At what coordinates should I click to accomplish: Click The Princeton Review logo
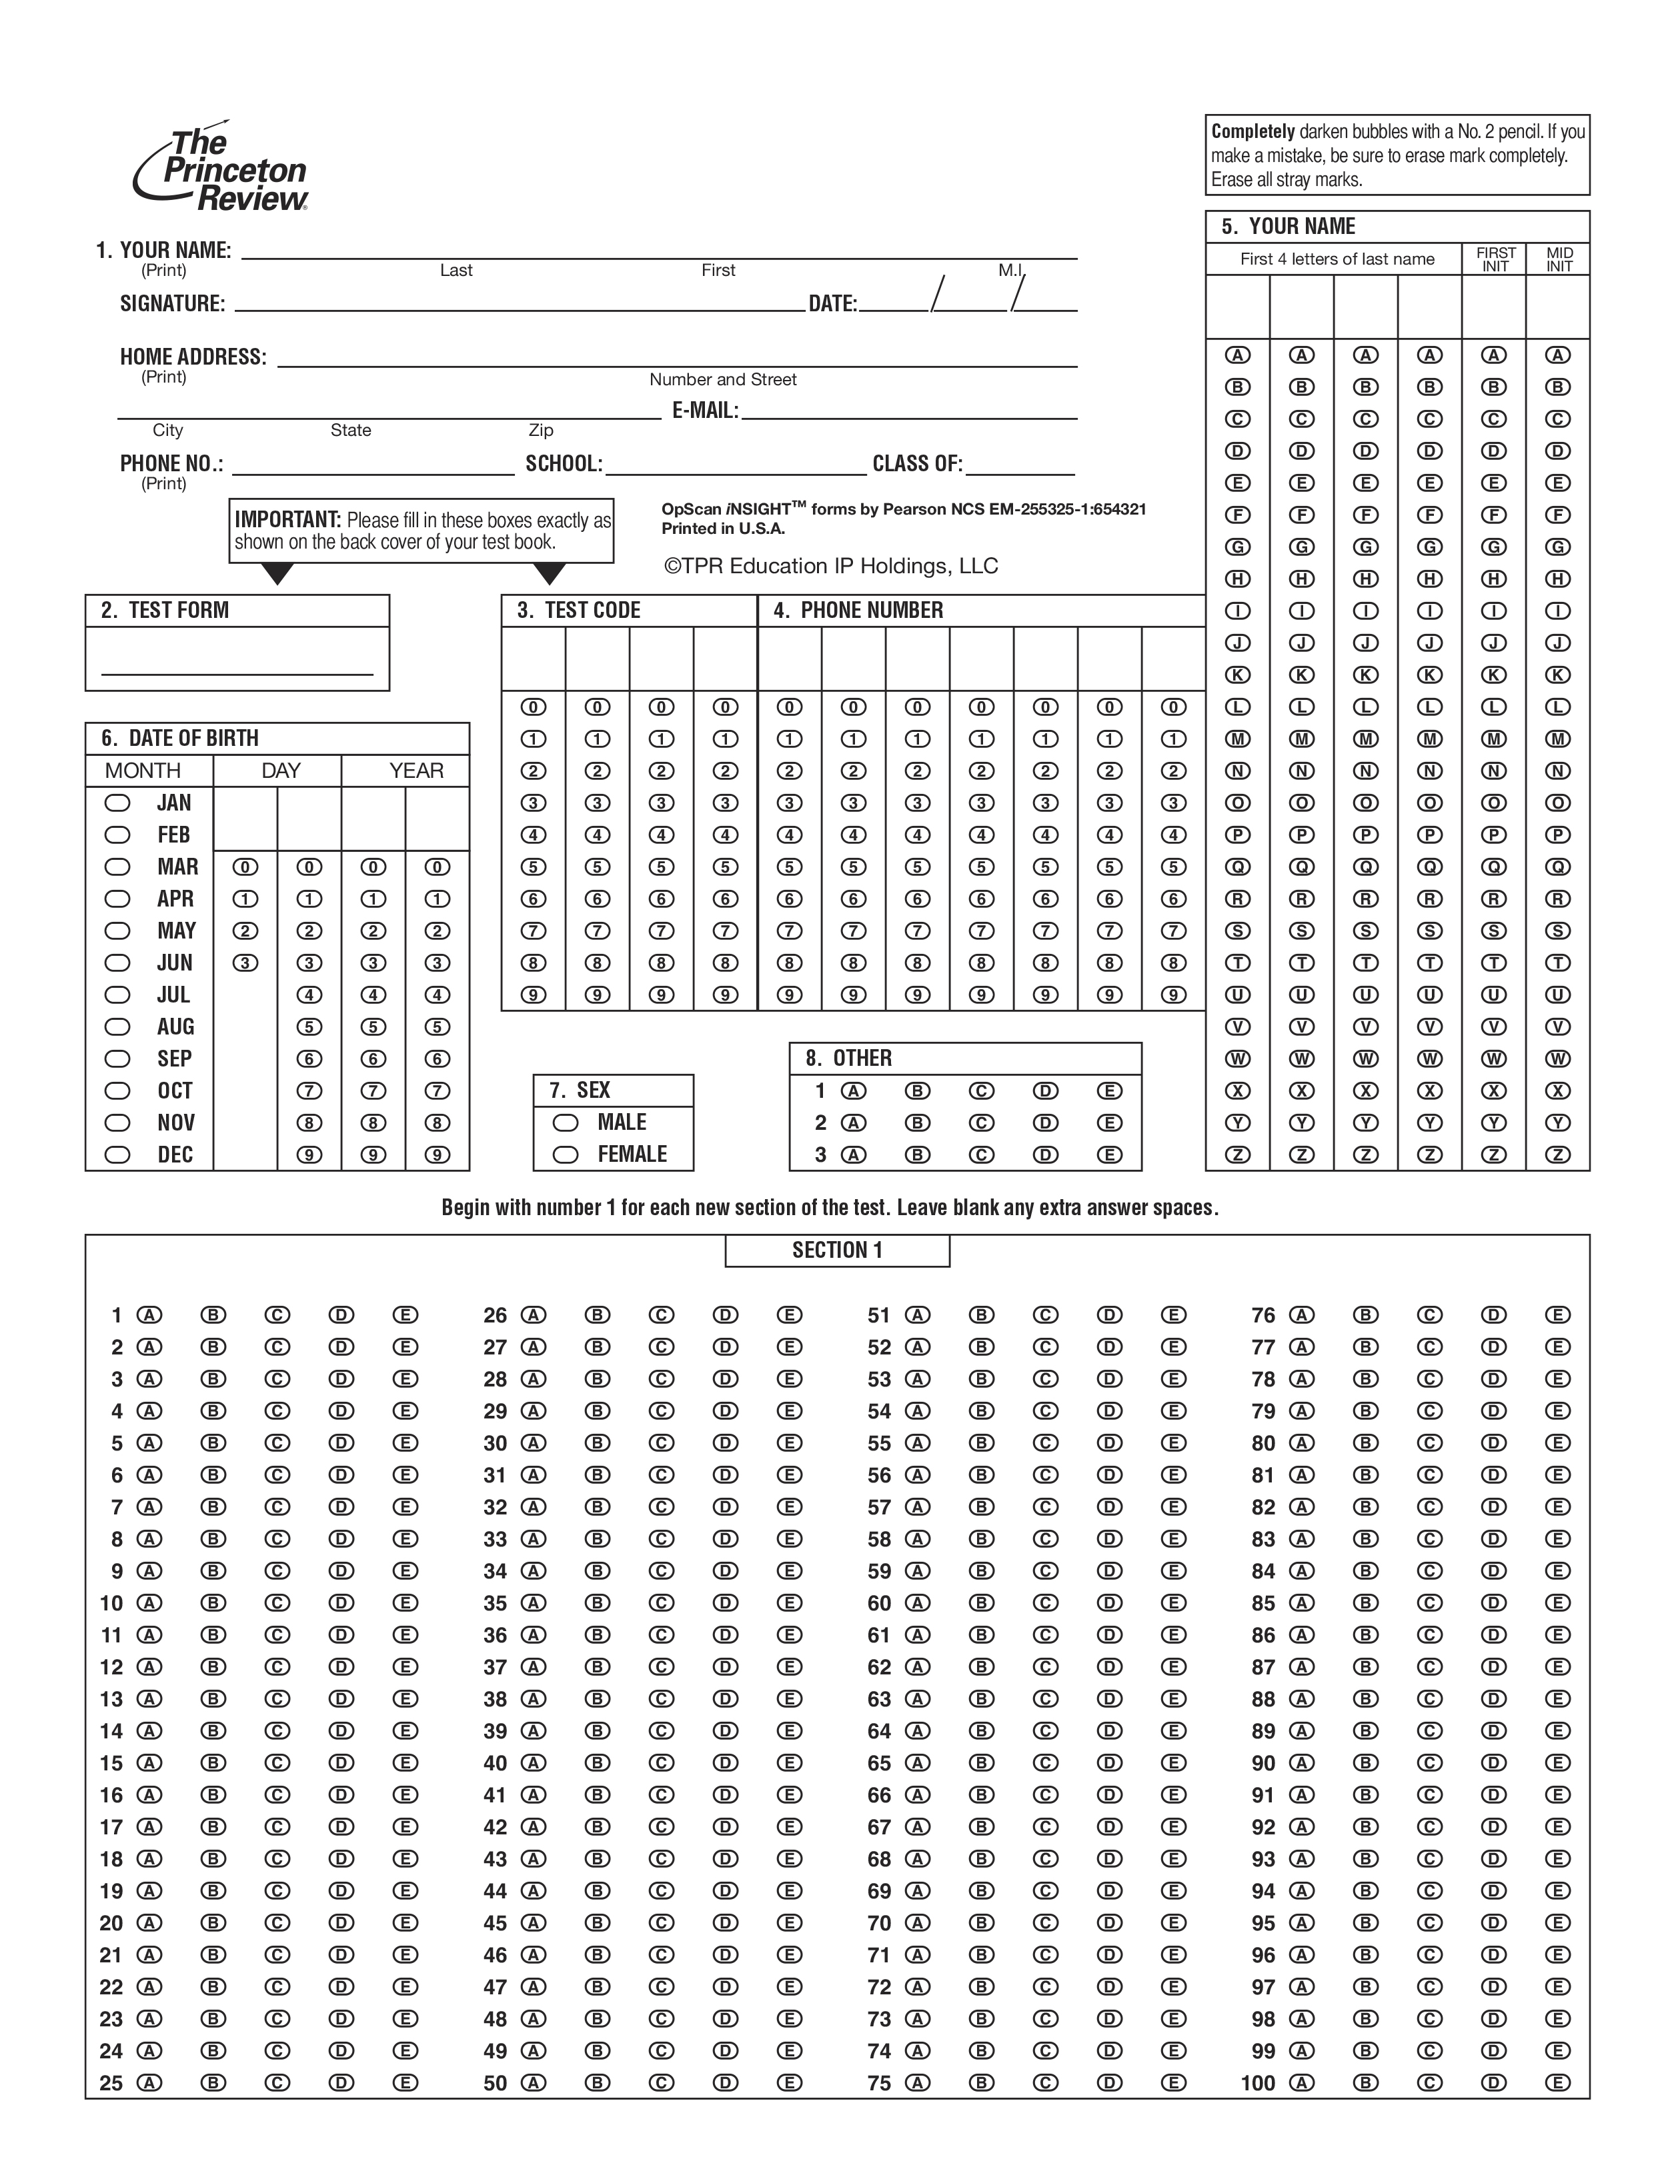tap(221, 169)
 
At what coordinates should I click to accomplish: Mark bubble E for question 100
tap(1557, 2082)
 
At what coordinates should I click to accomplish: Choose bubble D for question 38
tap(726, 1698)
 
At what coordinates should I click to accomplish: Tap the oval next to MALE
tap(566, 1122)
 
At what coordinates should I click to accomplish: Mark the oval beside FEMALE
tap(566, 1154)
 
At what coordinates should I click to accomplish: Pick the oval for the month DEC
tap(117, 1154)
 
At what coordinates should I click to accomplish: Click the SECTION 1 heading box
tap(837, 1250)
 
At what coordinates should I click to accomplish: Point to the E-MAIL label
tap(705, 411)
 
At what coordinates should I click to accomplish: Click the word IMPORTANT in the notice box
tap(287, 519)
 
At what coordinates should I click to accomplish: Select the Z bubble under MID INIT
tap(1557, 1154)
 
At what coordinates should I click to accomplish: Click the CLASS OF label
tap(916, 464)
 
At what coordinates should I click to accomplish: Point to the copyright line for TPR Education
tap(831, 566)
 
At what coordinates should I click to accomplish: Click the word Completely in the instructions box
tap(1252, 131)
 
